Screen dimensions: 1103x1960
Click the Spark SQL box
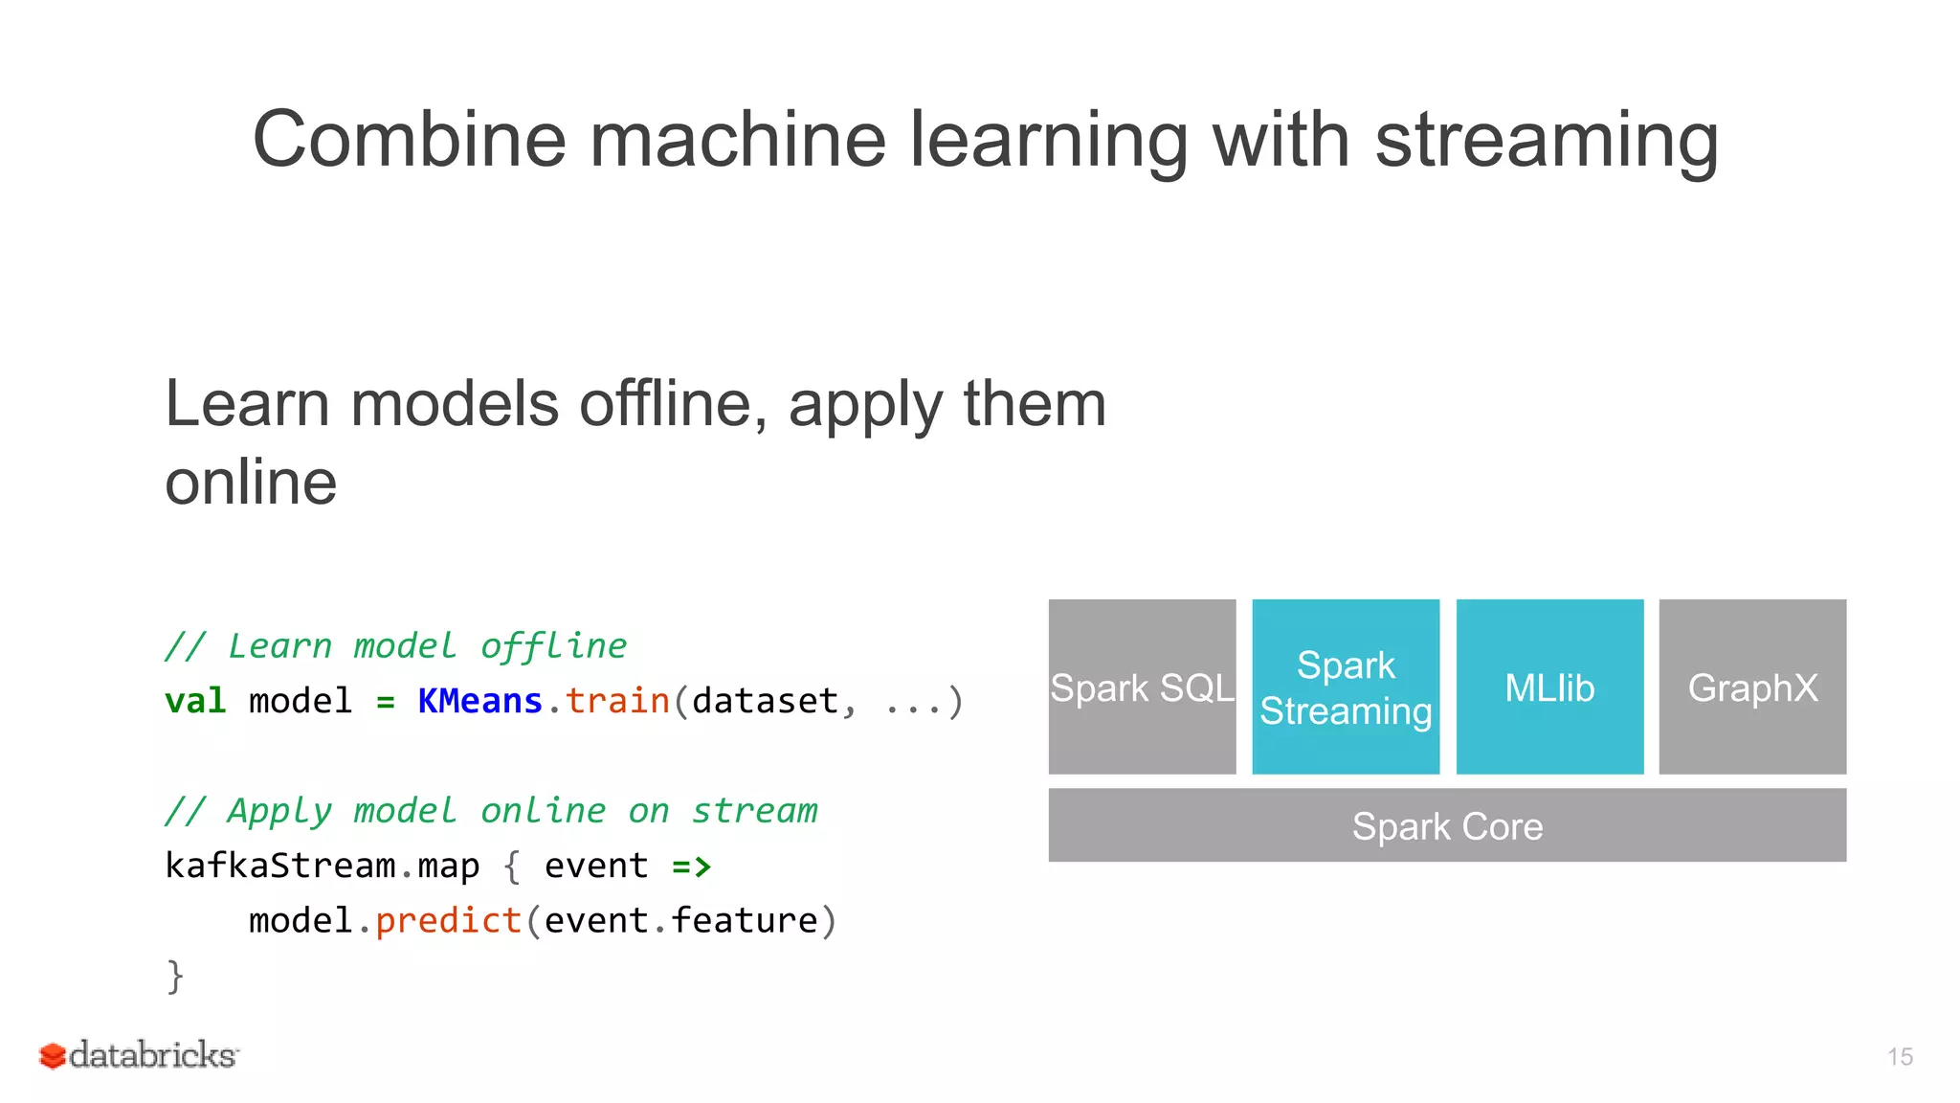[1142, 687]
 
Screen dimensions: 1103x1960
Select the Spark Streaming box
[1346, 687]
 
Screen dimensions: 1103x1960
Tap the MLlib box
[1549, 687]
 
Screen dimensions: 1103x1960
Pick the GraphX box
[1752, 687]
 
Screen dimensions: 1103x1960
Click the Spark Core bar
[1447, 825]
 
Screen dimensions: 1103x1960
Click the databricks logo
[139, 1055]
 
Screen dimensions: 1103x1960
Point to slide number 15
[1900, 1056]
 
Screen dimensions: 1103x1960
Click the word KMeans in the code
[479, 701]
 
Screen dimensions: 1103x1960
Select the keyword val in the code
[195, 701]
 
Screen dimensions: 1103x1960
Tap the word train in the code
[617, 701]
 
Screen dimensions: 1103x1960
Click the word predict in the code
[448, 921]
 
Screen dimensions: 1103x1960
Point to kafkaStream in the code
[279, 866]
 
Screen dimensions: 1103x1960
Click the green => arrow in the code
[691, 867]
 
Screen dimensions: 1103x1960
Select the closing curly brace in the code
[175, 977]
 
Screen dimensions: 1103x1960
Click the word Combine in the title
[409, 140]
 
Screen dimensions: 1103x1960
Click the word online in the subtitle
[251, 482]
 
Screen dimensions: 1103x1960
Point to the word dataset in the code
[765, 701]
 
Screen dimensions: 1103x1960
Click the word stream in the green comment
[754, 811]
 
